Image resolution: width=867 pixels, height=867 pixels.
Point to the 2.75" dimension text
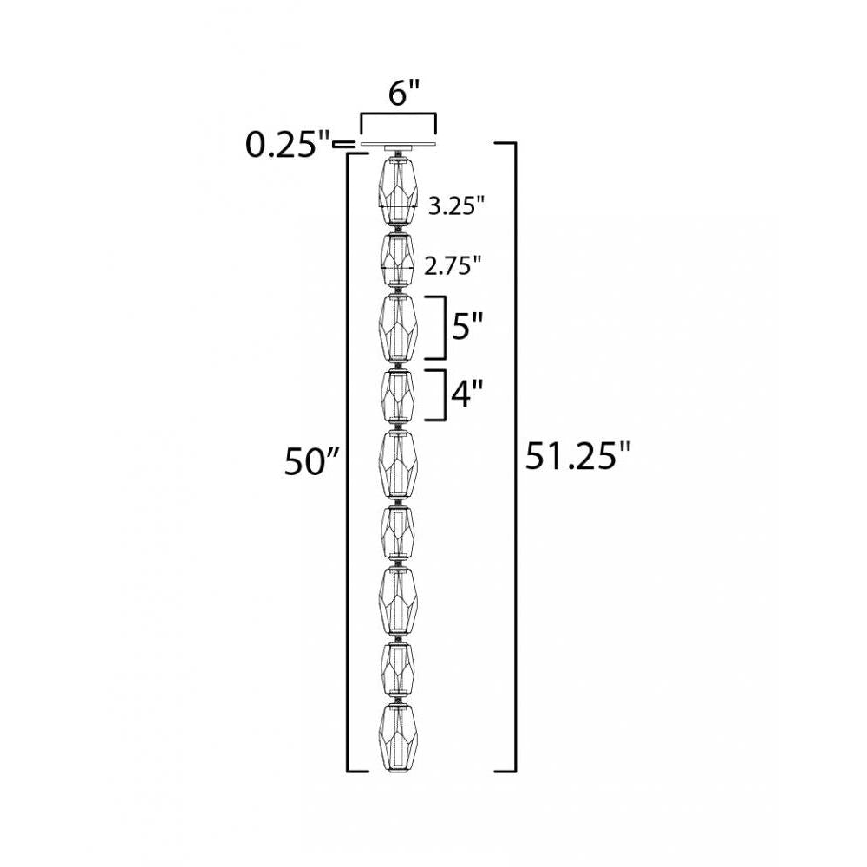[x=452, y=267]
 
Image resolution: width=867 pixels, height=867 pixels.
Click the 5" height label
[x=466, y=328]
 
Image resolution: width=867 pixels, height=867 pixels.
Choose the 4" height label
[x=466, y=395]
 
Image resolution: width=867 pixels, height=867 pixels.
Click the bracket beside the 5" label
[x=442, y=327]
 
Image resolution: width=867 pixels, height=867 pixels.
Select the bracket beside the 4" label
[x=442, y=395]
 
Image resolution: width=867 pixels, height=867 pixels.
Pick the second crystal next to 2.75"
[x=397, y=260]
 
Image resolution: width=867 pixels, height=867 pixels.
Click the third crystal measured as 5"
[x=397, y=328]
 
